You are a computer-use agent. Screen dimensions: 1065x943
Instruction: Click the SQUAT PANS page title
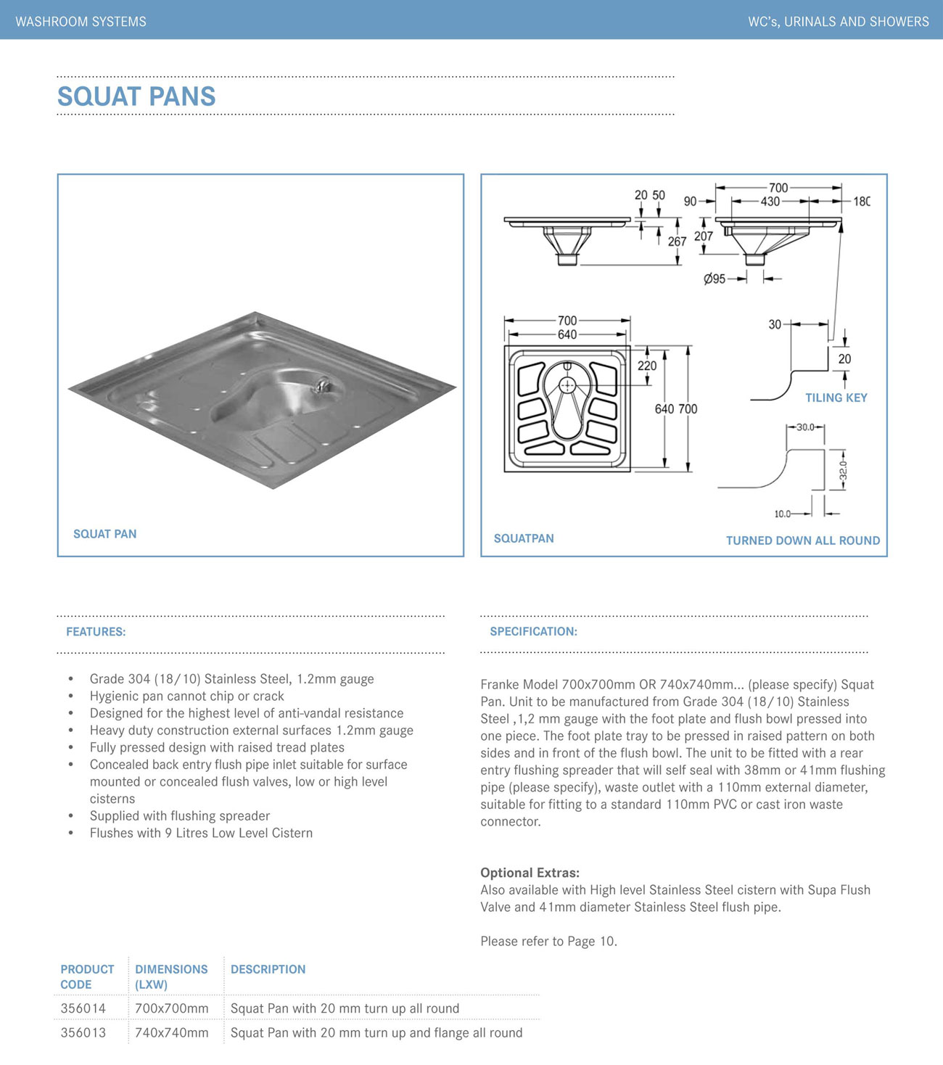[x=136, y=96]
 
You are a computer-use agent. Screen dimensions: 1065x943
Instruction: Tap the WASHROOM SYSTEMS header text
[x=81, y=22]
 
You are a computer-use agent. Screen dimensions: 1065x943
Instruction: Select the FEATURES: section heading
[x=96, y=632]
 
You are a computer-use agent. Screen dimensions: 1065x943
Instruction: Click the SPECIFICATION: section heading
[x=533, y=631]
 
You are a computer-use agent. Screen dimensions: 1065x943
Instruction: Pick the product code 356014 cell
[x=83, y=1008]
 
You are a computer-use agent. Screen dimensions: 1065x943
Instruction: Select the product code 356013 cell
[x=83, y=1032]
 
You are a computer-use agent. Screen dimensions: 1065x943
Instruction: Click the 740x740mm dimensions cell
[x=171, y=1032]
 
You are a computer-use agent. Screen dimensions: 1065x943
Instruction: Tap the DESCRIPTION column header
[x=268, y=969]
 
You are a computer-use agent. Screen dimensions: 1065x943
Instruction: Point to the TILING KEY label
[x=836, y=398]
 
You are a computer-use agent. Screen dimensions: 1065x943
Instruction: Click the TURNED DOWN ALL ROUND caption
[x=802, y=540]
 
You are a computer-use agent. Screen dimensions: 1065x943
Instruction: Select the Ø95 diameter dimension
[x=715, y=279]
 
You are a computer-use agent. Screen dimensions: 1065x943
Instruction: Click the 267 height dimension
[x=677, y=242]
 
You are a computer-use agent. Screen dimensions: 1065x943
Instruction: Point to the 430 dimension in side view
[x=770, y=202]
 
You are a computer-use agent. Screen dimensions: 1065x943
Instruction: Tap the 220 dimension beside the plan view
[x=647, y=366]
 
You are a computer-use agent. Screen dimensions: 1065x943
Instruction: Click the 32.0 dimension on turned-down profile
[x=843, y=470]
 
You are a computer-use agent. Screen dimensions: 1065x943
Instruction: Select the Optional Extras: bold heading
[x=530, y=873]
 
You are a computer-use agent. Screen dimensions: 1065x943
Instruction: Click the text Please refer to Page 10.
[x=548, y=942]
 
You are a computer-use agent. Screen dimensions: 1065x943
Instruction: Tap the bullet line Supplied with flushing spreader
[x=179, y=816]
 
